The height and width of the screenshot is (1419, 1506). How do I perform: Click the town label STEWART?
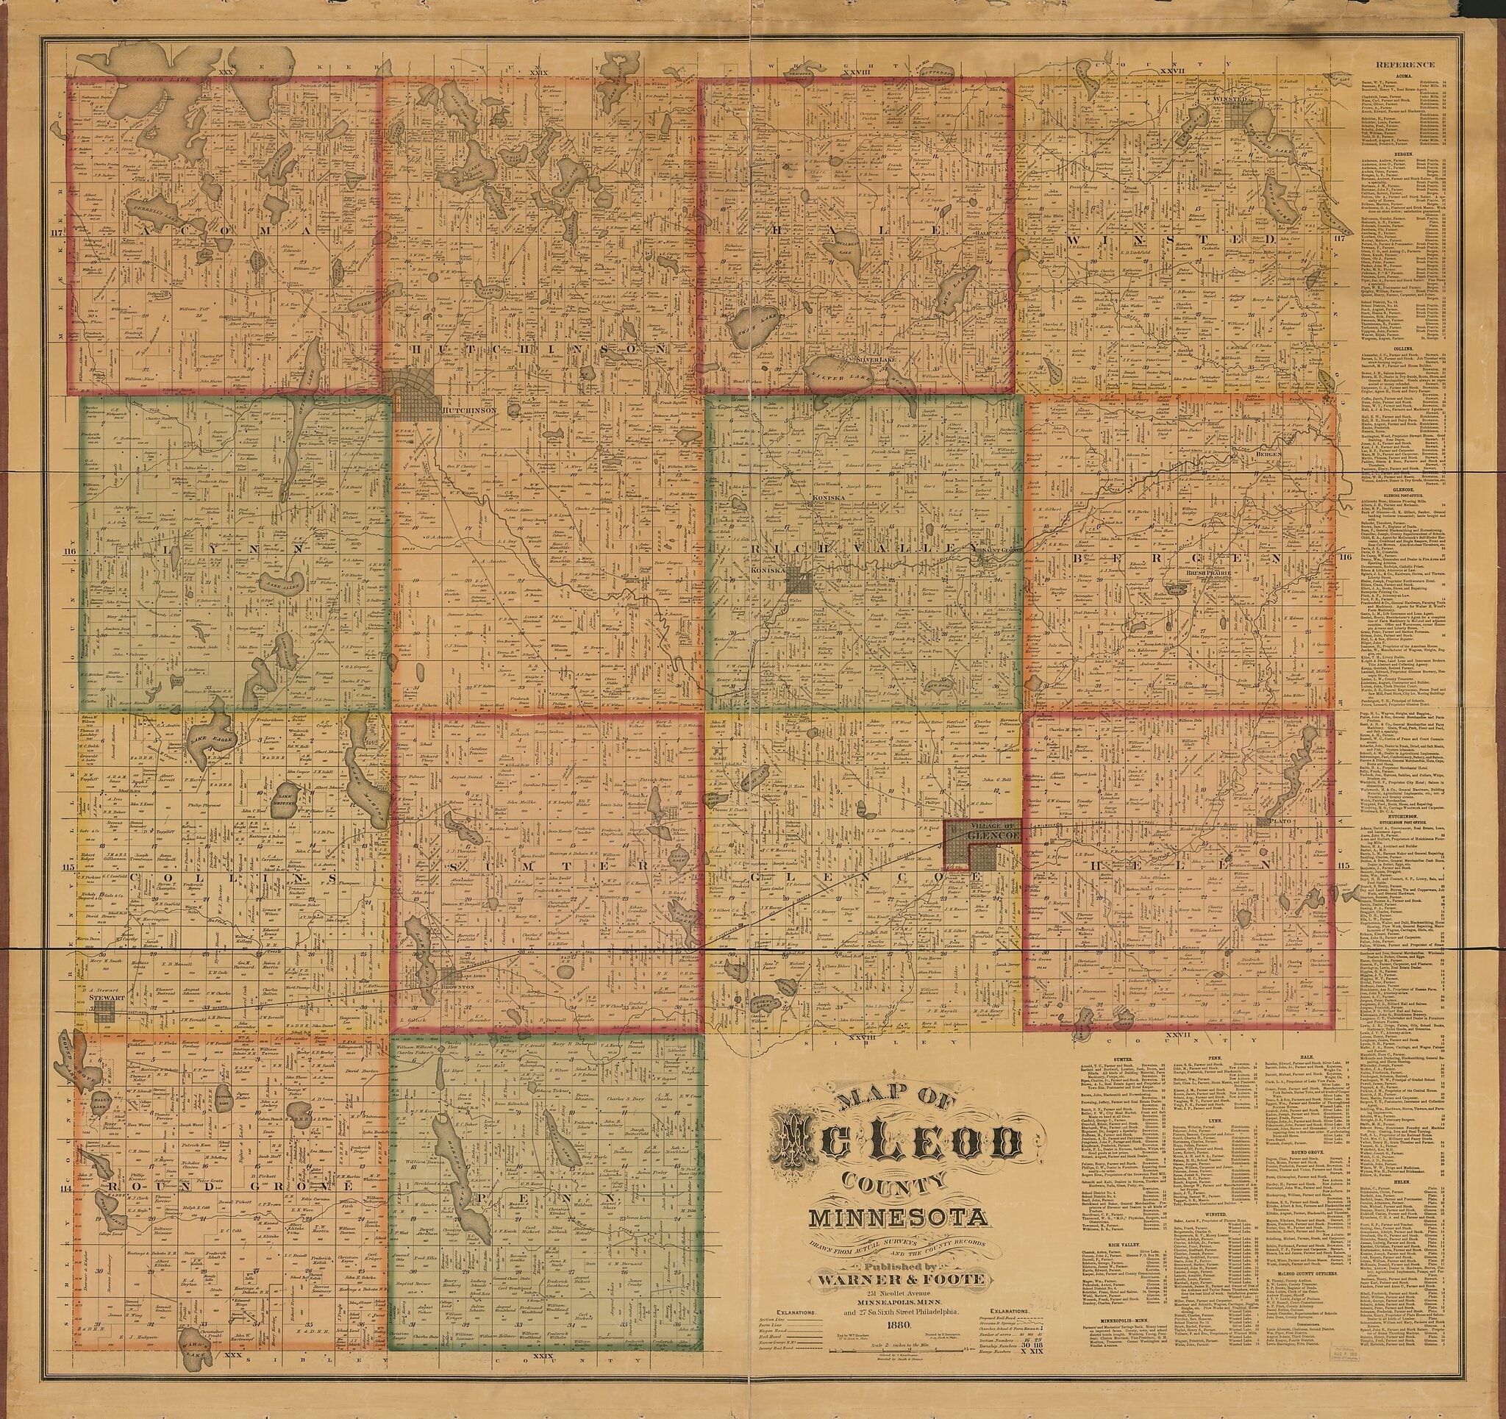(x=99, y=998)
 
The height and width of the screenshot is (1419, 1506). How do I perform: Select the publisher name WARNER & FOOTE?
(x=899, y=1279)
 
